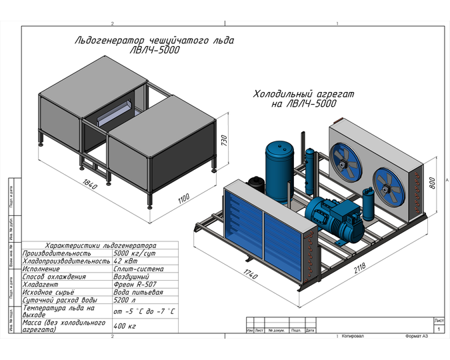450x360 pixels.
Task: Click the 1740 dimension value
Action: coord(251,274)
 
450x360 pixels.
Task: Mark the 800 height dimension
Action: coord(433,181)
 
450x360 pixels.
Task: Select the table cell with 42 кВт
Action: coord(124,261)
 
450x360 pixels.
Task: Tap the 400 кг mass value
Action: coord(125,326)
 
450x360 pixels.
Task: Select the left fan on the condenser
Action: coord(347,162)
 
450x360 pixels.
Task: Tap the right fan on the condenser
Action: coord(389,182)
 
